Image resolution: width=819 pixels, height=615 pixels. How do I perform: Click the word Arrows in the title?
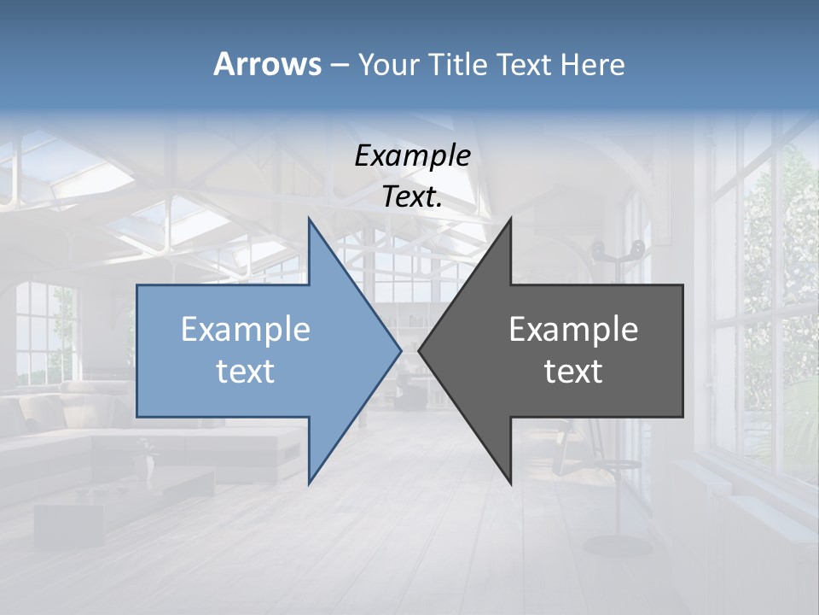pos(266,64)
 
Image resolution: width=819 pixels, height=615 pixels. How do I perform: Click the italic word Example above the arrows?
pos(412,155)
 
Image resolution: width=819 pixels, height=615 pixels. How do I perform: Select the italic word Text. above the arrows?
pos(412,196)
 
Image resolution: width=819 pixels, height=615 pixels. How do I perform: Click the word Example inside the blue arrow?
pos(246,329)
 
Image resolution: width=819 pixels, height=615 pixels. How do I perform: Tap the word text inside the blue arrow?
pos(246,371)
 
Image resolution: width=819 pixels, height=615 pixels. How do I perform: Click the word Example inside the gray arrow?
pos(573,329)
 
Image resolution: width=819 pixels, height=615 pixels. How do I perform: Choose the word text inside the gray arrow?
pos(573,371)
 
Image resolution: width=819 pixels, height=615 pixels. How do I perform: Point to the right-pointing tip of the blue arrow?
pos(400,350)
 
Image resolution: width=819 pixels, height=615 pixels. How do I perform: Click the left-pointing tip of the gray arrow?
pos(420,350)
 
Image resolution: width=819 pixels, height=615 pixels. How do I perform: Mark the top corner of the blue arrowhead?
pos(309,220)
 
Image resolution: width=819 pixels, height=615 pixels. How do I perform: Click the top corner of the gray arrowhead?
pos(510,220)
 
